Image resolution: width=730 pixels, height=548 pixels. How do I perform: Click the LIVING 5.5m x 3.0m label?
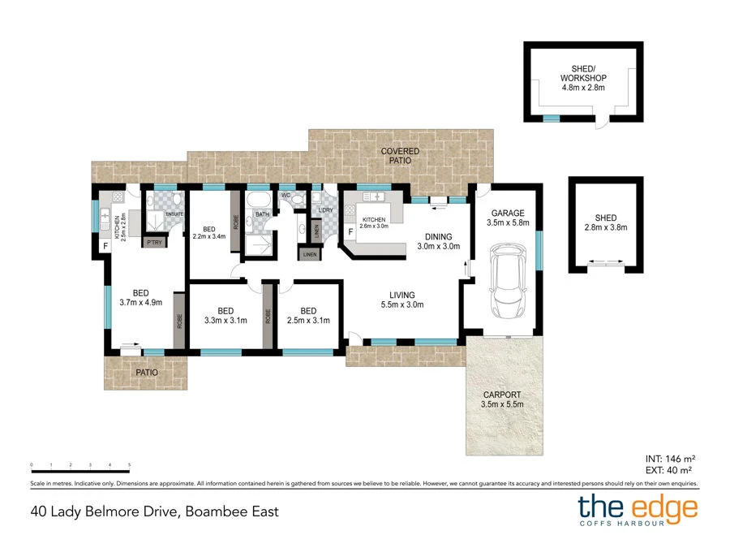tap(401, 300)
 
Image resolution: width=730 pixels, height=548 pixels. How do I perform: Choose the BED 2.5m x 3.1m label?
tap(307, 316)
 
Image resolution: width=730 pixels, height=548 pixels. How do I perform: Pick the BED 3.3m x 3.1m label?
tap(225, 316)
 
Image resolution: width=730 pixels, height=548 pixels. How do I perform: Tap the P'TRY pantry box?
tap(153, 242)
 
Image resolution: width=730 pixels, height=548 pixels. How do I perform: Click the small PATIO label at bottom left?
tap(146, 373)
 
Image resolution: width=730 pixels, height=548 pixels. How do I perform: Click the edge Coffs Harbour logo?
tap(637, 511)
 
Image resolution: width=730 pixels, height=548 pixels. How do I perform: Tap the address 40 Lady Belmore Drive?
tap(154, 511)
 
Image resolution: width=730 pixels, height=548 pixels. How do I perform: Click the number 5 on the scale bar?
tap(130, 464)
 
